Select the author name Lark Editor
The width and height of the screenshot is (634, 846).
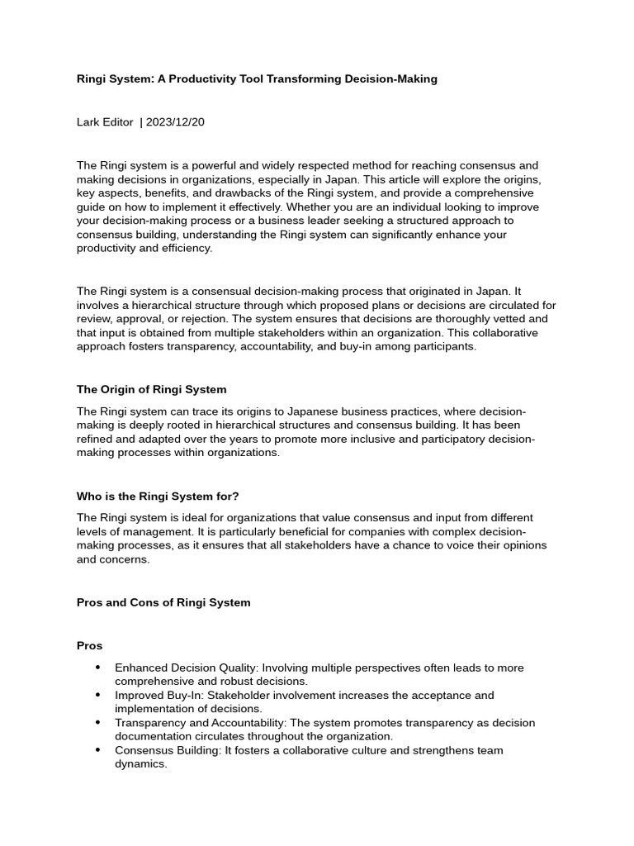(105, 121)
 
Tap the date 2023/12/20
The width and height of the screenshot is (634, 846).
(175, 121)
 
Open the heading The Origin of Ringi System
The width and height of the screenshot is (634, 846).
(151, 389)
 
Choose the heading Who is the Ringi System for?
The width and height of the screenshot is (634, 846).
(158, 496)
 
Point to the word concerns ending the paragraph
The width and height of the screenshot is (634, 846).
(127, 559)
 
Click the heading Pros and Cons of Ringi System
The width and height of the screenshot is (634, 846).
(163, 602)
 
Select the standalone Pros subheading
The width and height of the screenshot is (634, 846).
(89, 645)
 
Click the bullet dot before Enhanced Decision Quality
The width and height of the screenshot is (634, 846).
(97, 668)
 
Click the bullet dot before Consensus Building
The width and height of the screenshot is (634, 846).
(97, 750)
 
